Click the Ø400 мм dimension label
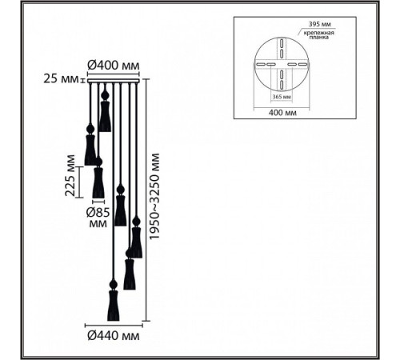[114, 65]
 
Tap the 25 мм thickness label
[61, 79]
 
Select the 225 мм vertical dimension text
[70, 175]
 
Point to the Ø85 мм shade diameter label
[98, 218]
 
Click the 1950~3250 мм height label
[154, 197]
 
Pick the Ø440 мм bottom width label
[114, 335]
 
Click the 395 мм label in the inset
[320, 24]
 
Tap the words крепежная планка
[319, 35]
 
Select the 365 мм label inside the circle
[282, 97]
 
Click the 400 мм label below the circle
[282, 113]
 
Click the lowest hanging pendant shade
[114, 306]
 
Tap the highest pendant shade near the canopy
[105, 117]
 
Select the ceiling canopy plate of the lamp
[114, 81]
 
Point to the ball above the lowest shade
[114, 284]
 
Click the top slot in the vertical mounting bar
[282, 43]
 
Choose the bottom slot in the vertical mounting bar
[282, 85]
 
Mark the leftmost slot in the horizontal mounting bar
[260, 64]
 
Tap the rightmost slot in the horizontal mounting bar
[302, 64]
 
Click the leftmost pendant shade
[90, 150]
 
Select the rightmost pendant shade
[136, 242]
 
